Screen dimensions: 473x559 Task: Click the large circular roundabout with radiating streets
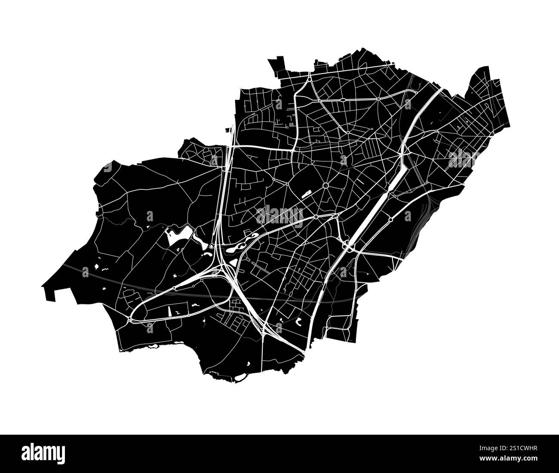pos(326,186)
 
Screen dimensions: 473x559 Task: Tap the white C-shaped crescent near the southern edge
pos(298,320)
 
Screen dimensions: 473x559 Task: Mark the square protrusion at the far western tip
pos(51,293)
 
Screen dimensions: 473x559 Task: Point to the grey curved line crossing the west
pos(107,275)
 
